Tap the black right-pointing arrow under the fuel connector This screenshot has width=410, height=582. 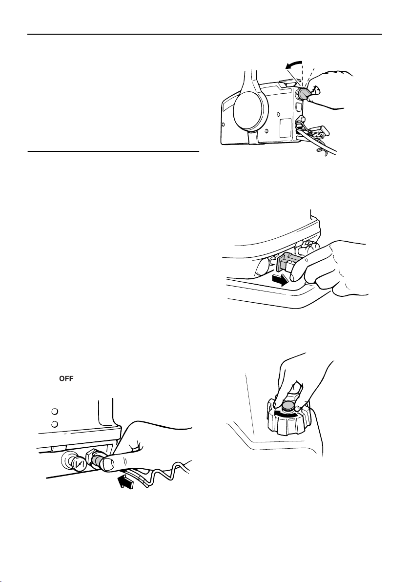[x=280, y=281]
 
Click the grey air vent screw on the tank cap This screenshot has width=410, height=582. [x=287, y=406]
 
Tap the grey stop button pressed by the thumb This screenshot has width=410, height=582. [x=98, y=460]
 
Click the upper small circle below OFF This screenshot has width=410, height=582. [x=54, y=411]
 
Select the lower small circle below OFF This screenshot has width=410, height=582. [x=54, y=424]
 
